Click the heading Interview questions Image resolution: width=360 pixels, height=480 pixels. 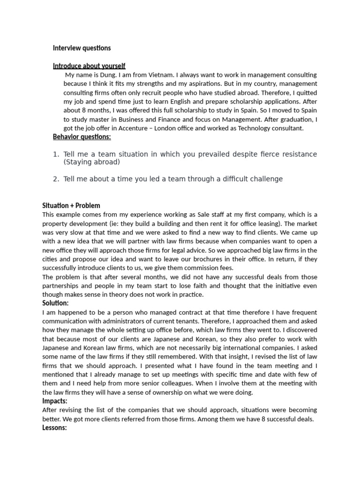[x=82, y=48]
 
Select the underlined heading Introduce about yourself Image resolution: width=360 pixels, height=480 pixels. [x=89, y=66]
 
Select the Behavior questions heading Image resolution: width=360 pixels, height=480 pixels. [x=82, y=137]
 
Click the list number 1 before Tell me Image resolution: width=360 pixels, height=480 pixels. [x=55, y=154]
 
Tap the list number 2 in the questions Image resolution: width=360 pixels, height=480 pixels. [x=55, y=179]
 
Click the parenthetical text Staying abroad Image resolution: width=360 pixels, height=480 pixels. [x=91, y=162]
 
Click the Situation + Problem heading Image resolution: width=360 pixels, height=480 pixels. [x=71, y=205]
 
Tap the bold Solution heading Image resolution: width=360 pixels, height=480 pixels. [x=55, y=303]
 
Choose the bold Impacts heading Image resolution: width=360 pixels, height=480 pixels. [x=55, y=401]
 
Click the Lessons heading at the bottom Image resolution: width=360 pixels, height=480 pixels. [x=55, y=428]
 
